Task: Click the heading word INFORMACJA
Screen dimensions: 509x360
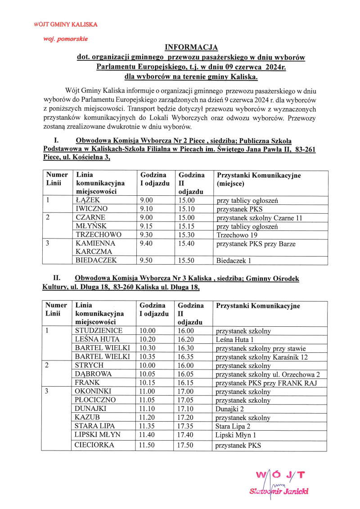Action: coord(191,47)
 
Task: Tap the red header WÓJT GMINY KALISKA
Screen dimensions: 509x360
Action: coord(66,24)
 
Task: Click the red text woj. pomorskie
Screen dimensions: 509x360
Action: coord(65,39)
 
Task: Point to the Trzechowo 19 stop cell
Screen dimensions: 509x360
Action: coord(235,235)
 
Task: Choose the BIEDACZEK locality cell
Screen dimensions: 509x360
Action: coord(96,260)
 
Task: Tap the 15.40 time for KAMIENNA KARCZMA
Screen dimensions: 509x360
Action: coord(186,244)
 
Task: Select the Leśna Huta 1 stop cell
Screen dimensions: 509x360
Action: coord(235,339)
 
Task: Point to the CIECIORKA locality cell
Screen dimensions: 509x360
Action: coord(94,445)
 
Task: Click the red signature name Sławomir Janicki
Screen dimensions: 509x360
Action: coord(279,491)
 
